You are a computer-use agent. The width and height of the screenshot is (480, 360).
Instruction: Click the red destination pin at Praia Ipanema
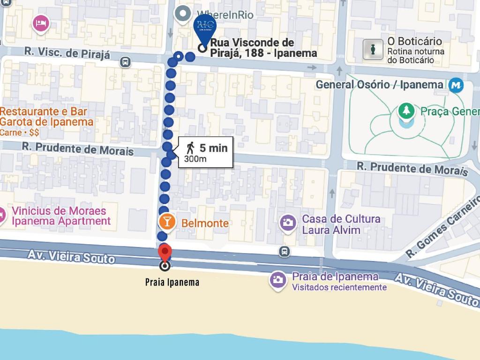(x=165, y=252)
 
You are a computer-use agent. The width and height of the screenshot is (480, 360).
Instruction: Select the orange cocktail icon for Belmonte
(x=167, y=222)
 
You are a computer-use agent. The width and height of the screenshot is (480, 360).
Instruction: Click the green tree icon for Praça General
(x=406, y=111)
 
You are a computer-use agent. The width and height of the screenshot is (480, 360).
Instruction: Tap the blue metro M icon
(x=455, y=85)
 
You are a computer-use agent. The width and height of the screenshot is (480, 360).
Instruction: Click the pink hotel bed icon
(x=41, y=22)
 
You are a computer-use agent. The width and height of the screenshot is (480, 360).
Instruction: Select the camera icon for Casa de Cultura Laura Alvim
(x=288, y=223)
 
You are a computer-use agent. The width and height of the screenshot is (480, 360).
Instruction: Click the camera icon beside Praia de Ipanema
(x=277, y=280)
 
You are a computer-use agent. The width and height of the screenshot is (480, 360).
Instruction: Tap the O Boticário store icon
(x=373, y=49)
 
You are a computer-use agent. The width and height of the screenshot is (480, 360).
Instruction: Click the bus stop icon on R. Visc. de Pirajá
(x=125, y=62)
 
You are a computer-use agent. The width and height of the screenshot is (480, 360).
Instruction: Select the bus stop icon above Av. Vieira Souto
(x=284, y=252)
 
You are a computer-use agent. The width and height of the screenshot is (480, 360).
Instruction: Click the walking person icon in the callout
(x=190, y=148)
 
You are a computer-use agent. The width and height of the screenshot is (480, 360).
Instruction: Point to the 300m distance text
(x=195, y=159)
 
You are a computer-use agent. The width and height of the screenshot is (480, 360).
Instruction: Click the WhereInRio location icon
(x=181, y=14)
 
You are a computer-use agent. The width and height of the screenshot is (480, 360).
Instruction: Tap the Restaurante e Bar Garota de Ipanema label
(x=46, y=117)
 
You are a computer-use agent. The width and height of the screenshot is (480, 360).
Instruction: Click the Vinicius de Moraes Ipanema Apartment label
(x=61, y=216)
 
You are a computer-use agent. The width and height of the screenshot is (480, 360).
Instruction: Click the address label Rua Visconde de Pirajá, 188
(x=263, y=48)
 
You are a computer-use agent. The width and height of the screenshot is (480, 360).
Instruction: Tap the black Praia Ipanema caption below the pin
(x=172, y=282)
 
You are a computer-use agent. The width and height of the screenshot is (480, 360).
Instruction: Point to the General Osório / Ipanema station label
(x=379, y=85)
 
